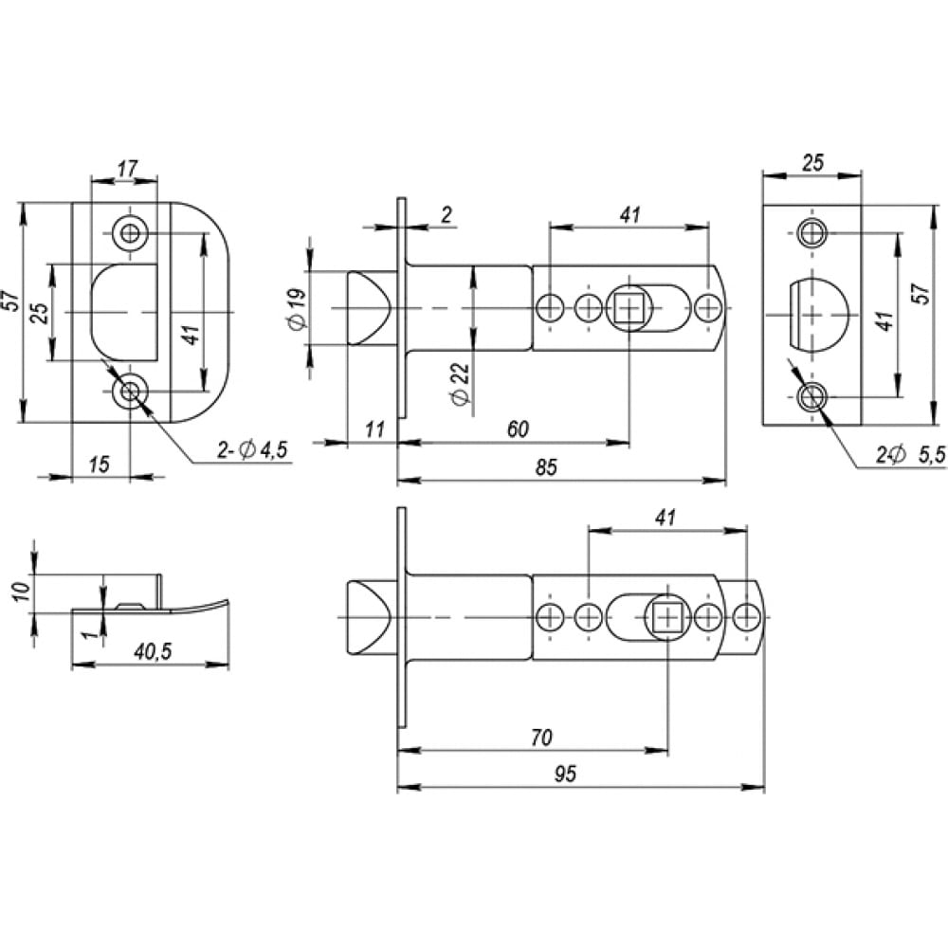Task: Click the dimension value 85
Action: click(546, 467)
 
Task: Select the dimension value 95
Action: click(565, 774)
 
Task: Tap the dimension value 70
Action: click(541, 737)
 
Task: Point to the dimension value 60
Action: click(519, 428)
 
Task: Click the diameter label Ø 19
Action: click(298, 309)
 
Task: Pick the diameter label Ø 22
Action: click(460, 385)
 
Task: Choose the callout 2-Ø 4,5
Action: click(252, 449)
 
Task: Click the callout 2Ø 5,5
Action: click(910, 455)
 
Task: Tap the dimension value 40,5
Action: click(153, 651)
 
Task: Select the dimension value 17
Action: click(128, 168)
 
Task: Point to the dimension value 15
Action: click(100, 465)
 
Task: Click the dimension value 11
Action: click(374, 429)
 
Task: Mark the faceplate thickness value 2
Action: click(447, 214)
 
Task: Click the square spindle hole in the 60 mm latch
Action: click(629, 309)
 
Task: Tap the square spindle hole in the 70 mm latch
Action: click(667, 617)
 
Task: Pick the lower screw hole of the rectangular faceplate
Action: click(811, 397)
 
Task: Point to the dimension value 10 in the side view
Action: click(23, 592)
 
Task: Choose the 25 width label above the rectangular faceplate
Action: click(812, 163)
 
